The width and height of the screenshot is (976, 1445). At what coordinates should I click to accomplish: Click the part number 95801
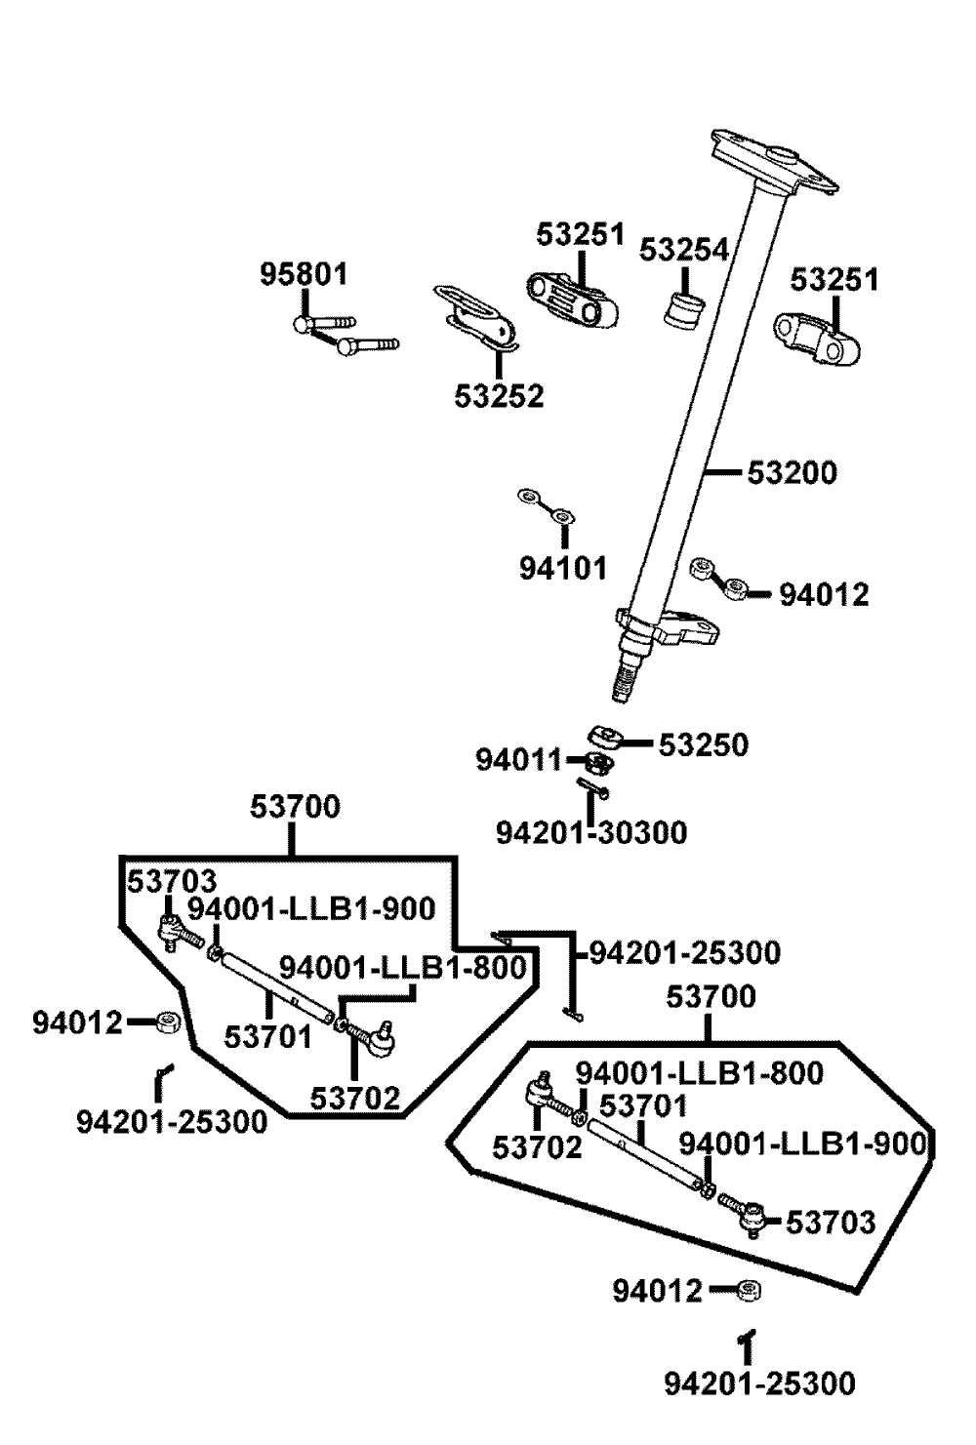click(304, 274)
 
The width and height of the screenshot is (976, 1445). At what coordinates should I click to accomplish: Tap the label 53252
click(499, 396)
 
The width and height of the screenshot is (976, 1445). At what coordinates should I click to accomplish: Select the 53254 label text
click(684, 250)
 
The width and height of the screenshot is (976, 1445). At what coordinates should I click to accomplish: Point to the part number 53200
click(793, 473)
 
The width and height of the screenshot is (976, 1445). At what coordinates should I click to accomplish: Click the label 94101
click(562, 567)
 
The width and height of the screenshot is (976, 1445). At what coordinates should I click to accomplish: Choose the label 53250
click(703, 745)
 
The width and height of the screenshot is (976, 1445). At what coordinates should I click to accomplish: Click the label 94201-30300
click(591, 832)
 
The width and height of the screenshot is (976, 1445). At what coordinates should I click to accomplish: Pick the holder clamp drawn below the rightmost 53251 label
click(818, 338)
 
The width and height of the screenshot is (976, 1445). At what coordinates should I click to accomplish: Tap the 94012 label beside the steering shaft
click(824, 594)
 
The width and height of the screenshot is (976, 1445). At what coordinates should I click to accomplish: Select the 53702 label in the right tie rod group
click(537, 1147)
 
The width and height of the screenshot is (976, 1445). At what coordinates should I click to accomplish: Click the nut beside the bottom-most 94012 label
click(750, 1291)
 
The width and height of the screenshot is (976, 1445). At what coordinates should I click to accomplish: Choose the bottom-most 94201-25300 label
click(759, 1383)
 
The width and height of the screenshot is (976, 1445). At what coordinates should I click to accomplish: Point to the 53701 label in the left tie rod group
click(268, 1036)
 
